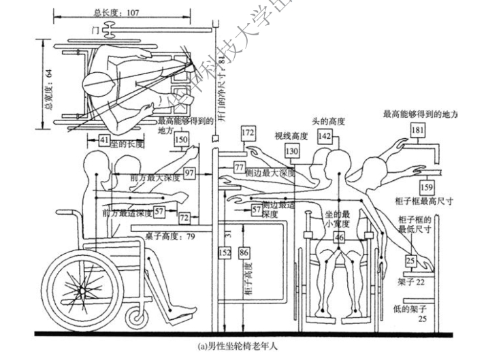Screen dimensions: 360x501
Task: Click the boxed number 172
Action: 248,131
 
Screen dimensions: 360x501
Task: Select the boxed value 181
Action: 417,130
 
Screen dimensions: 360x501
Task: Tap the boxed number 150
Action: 181,141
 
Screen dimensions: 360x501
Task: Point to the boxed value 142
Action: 325,137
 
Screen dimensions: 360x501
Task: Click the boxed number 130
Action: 292,150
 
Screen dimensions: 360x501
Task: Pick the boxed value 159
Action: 426,186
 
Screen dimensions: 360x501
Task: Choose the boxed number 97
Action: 190,174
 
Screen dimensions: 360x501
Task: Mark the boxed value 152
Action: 225,253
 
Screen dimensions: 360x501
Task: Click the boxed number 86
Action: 244,253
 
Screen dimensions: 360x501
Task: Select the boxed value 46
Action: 338,238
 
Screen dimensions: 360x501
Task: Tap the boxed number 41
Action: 103,141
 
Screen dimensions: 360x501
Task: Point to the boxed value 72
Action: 184,218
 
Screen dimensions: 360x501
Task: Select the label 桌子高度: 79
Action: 170,236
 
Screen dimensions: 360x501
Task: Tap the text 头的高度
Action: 328,122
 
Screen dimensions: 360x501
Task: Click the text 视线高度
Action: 291,135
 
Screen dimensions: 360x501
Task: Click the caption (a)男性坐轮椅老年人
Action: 238,346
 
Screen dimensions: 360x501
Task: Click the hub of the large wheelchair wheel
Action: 83,290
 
